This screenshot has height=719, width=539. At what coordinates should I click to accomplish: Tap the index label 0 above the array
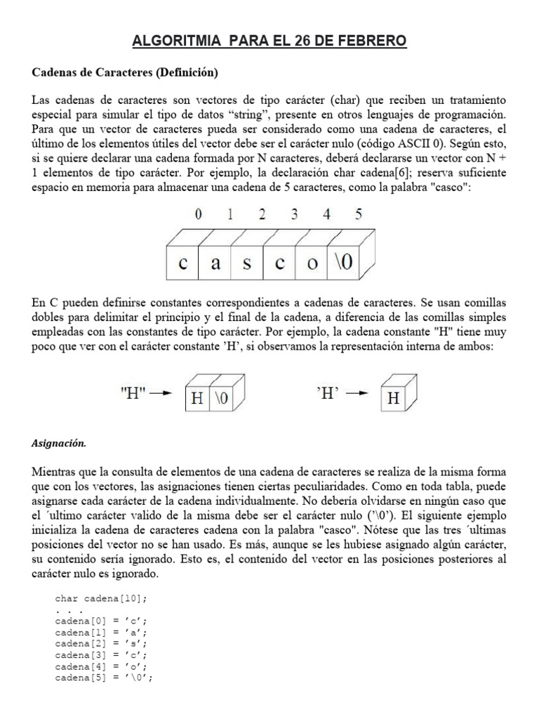(x=199, y=216)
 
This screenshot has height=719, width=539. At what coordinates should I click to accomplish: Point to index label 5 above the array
(x=359, y=216)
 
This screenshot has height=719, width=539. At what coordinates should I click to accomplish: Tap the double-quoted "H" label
(x=131, y=394)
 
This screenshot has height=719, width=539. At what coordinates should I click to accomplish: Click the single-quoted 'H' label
(x=328, y=394)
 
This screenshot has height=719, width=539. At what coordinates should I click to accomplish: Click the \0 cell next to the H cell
(x=222, y=400)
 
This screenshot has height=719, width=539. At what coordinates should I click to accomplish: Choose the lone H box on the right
(x=394, y=400)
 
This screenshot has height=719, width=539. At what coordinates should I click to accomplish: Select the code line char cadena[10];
(x=102, y=598)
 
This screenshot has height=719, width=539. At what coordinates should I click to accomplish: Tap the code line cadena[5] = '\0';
(x=104, y=678)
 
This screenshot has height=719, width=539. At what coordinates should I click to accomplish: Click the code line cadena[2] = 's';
(x=102, y=643)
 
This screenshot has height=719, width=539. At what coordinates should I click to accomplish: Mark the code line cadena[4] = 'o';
(x=102, y=666)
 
